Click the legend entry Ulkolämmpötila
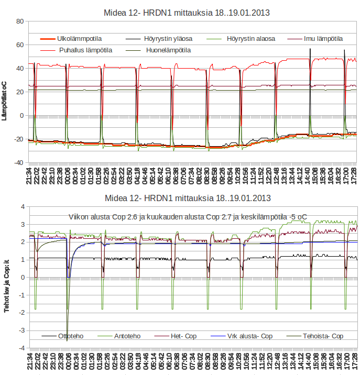[x=79, y=39]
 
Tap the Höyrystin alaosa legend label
[x=251, y=39]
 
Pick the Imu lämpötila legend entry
[x=323, y=39]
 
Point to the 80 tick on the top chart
[x=20, y=21]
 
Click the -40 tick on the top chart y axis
[x=18, y=163]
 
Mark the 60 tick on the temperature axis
[x=20, y=45]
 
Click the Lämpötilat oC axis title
[x=5, y=101]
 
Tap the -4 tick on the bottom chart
[x=21, y=348]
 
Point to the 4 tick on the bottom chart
[x=23, y=207]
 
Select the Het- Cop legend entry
[x=183, y=336]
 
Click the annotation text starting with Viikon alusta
[x=188, y=217]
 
